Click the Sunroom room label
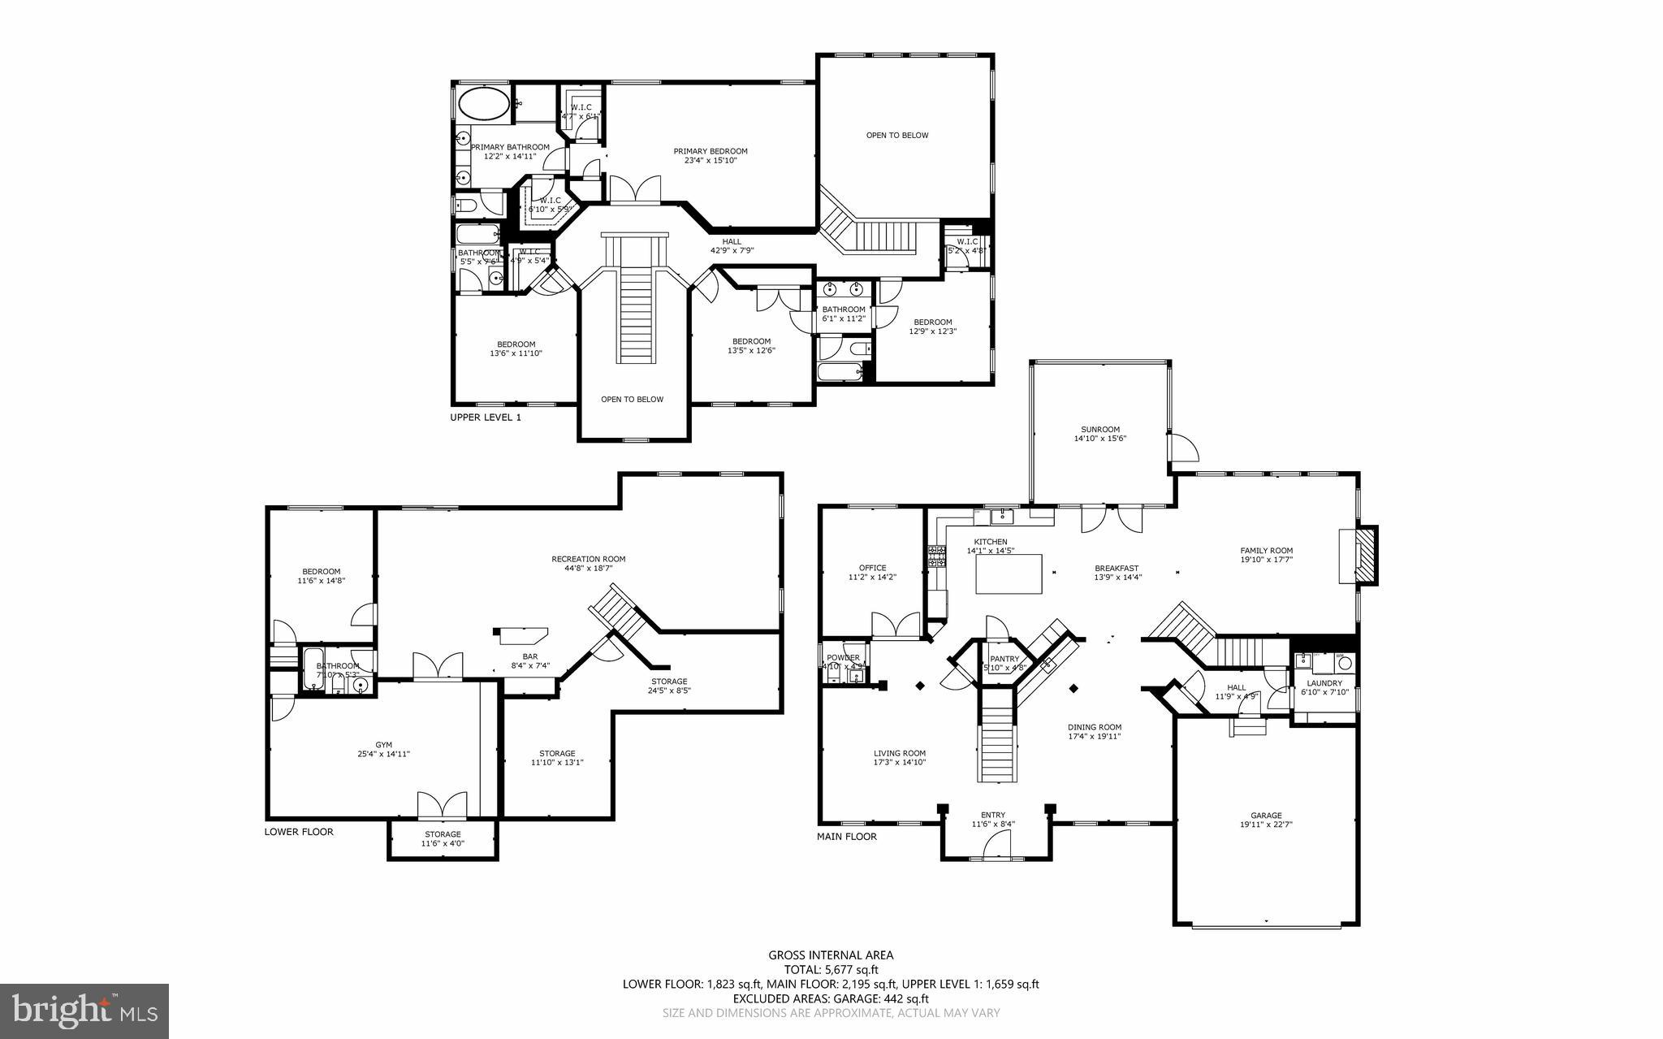pyautogui.click(x=1099, y=430)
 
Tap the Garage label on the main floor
pyautogui.click(x=1265, y=816)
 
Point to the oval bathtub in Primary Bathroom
pyautogui.click(x=484, y=105)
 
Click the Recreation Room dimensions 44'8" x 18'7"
pyautogui.click(x=588, y=569)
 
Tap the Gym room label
pyautogui.click(x=383, y=744)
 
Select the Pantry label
pyautogui.click(x=1004, y=659)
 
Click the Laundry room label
pyautogui.click(x=1324, y=683)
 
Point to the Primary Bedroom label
pyautogui.click(x=710, y=151)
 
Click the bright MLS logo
pyautogui.click(x=84, y=1011)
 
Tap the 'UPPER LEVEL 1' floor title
pyautogui.click(x=486, y=418)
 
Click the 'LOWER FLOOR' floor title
pyautogui.click(x=299, y=832)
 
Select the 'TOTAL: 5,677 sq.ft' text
pyautogui.click(x=831, y=969)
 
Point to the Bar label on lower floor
pyautogui.click(x=529, y=656)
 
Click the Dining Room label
pyautogui.click(x=1094, y=728)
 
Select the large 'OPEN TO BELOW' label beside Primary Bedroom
pyautogui.click(x=896, y=135)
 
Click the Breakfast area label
pyautogui.click(x=1116, y=569)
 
